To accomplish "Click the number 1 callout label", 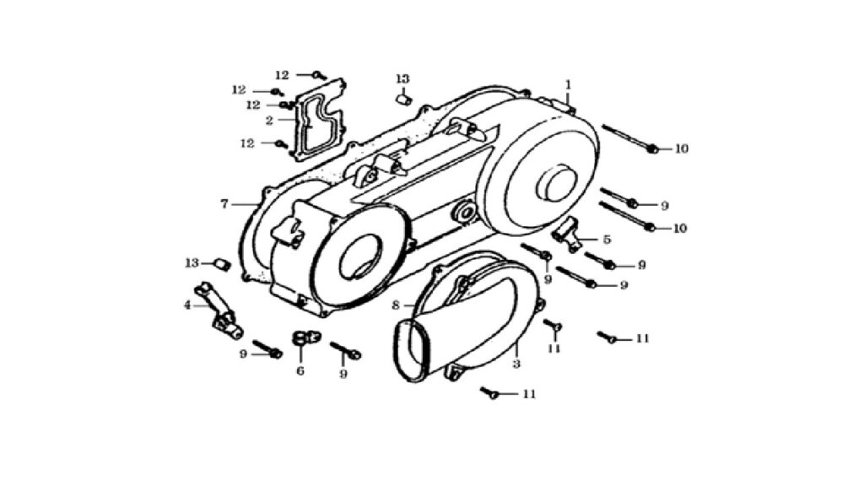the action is coord(568,85).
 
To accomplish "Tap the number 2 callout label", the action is coord(269,120).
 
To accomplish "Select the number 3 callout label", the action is coord(516,364).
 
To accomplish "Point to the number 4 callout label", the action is coord(187,305).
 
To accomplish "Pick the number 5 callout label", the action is coord(607,240).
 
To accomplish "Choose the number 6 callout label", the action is coord(300,371).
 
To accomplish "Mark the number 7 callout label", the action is coord(224,204).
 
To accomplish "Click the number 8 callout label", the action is coord(395,305).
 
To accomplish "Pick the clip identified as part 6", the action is coord(304,337).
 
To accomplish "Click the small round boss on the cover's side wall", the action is coord(464,213).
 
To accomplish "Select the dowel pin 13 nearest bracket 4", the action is coord(222,264).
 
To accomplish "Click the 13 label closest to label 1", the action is coord(402,79).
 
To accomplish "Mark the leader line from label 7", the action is coord(244,204).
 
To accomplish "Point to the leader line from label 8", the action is coord(409,305).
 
